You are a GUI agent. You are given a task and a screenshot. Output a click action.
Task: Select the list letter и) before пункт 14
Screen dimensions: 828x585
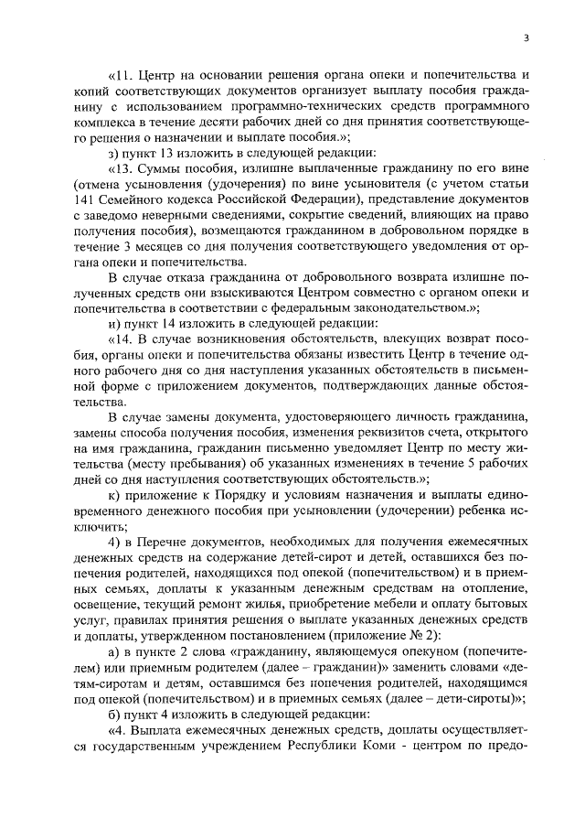click(113, 348)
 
